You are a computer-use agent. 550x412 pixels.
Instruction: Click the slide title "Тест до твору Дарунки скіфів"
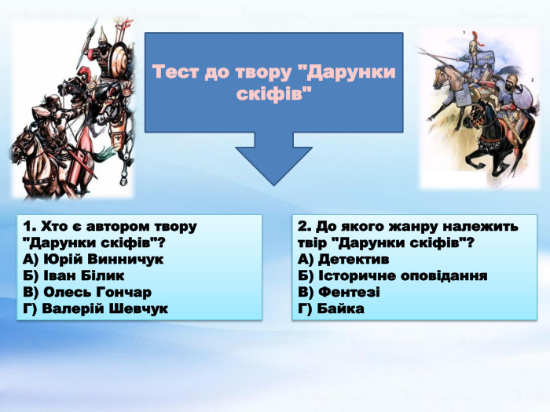[x=274, y=82]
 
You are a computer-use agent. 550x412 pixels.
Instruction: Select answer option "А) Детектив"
[x=344, y=259]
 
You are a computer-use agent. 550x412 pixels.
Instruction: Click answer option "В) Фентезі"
[x=339, y=292]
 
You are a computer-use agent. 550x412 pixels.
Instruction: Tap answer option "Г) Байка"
[x=332, y=308]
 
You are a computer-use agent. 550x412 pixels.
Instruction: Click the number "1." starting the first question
[x=30, y=226]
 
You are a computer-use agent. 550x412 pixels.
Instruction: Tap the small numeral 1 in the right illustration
[x=464, y=32]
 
